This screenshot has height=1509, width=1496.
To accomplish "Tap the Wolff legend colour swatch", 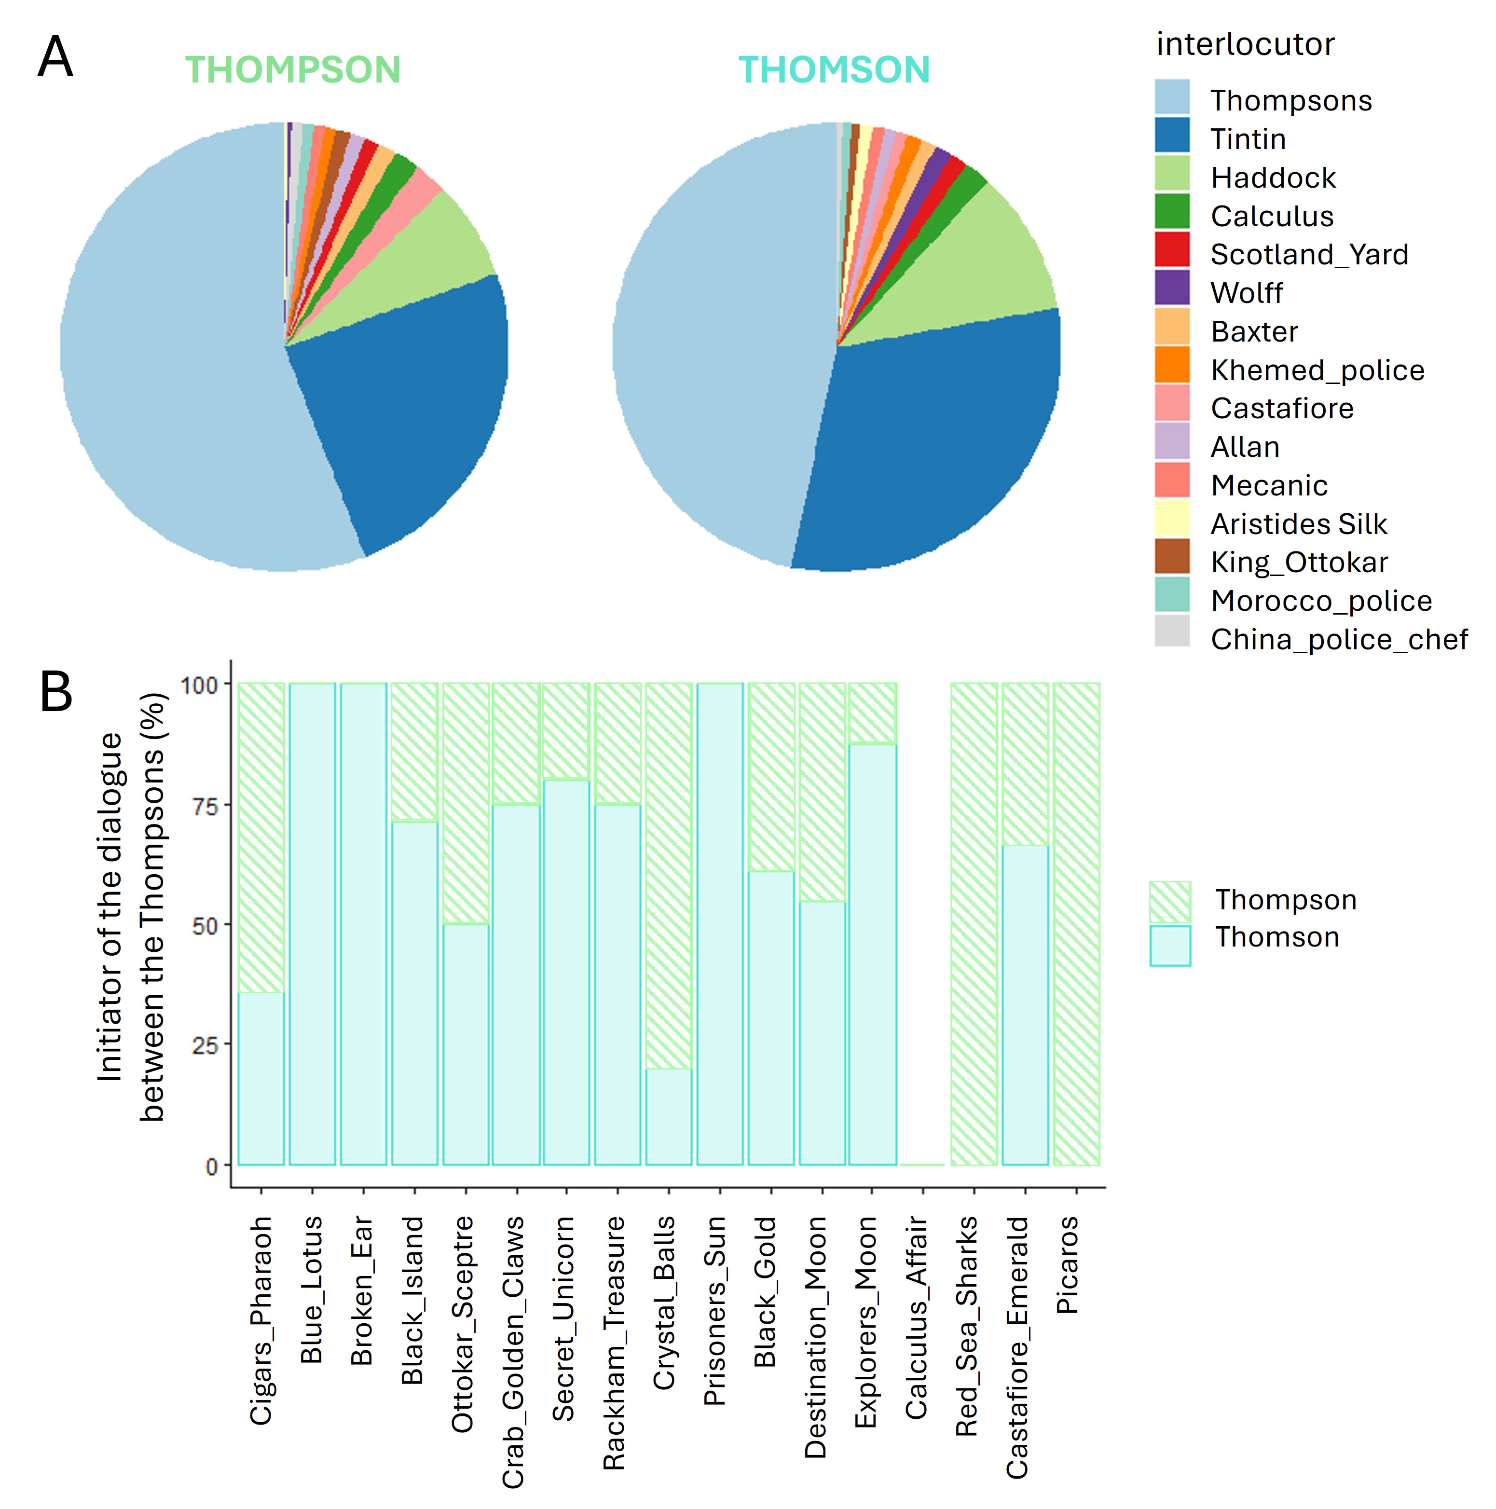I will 1172,288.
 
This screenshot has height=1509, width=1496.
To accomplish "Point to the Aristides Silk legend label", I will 1298,524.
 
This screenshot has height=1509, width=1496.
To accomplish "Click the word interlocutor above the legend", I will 1245,44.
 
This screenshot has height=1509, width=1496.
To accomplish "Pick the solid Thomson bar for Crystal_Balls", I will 669,1117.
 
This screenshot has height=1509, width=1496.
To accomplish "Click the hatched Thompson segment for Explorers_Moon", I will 873,713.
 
